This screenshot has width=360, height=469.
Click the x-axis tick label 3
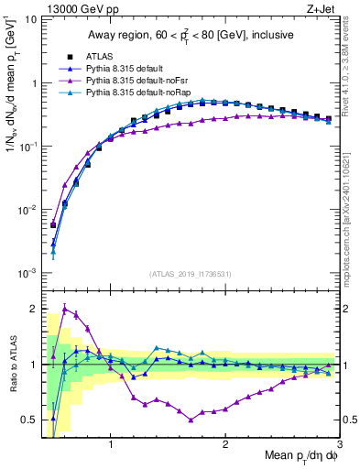click(x=339, y=446)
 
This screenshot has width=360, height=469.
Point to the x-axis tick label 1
click(x=111, y=446)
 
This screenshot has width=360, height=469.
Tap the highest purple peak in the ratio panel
click(x=64, y=308)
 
